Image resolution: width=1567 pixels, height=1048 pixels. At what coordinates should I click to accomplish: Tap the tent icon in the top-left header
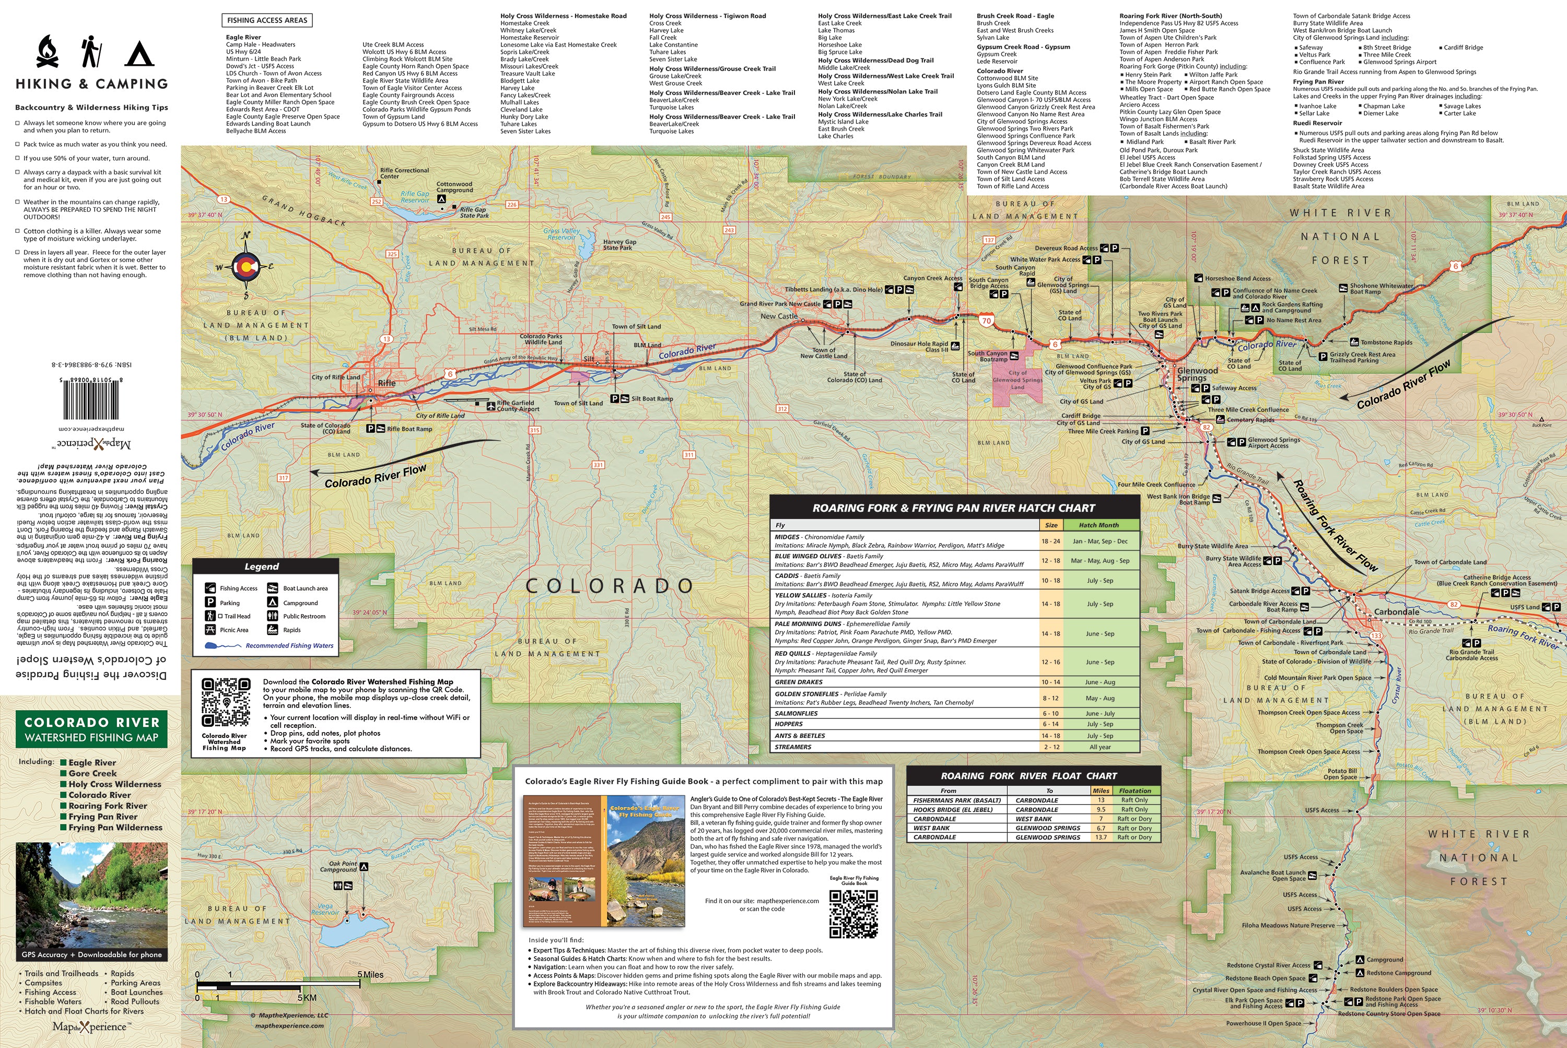click(139, 53)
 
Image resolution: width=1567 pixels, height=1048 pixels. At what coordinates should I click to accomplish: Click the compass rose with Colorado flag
click(245, 267)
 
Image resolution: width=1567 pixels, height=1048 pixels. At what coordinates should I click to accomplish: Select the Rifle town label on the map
click(387, 383)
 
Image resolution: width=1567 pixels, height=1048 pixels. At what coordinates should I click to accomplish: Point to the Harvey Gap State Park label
click(619, 244)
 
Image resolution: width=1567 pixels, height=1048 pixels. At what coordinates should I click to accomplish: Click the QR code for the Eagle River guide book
click(853, 914)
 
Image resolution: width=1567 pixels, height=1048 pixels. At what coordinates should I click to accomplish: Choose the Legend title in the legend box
click(261, 566)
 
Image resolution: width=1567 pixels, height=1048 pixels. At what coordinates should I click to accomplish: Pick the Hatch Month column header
click(1098, 525)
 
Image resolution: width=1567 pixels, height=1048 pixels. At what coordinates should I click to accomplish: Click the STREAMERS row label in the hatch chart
click(793, 747)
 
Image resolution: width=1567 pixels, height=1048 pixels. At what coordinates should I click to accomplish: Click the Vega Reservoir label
click(325, 910)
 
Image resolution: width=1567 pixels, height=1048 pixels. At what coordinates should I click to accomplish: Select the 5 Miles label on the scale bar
click(370, 974)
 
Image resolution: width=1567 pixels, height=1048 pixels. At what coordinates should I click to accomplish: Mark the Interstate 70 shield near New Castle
click(986, 321)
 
